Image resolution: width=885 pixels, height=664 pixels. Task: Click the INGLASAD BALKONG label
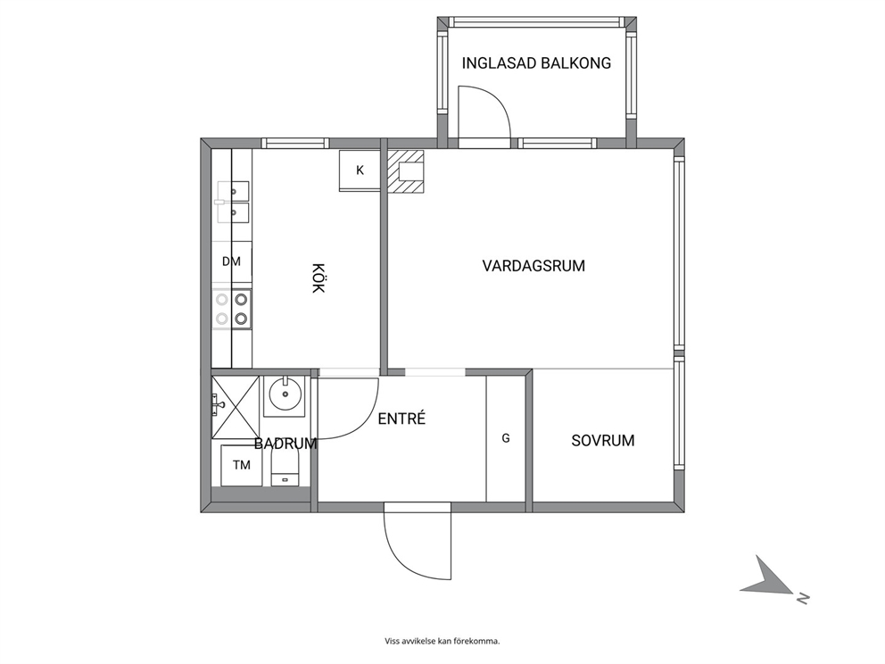click(536, 62)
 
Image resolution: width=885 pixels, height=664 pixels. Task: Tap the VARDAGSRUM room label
click(533, 265)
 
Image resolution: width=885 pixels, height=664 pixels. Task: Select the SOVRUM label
click(603, 440)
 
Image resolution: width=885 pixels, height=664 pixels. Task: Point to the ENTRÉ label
click(401, 419)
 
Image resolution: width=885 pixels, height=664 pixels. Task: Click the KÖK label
click(318, 278)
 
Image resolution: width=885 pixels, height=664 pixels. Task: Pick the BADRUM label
click(285, 444)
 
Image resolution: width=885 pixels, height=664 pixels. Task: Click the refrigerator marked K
click(360, 170)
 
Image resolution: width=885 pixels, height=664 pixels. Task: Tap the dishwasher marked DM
click(231, 261)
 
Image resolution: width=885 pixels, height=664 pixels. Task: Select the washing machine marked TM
click(241, 465)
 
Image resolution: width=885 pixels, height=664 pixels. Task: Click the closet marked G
click(506, 438)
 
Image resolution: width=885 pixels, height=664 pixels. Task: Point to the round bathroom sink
click(285, 394)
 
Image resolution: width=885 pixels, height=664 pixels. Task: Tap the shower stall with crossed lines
click(236, 407)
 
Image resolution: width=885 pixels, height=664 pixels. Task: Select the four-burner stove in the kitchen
click(232, 309)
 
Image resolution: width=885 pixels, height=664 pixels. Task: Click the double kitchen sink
click(233, 202)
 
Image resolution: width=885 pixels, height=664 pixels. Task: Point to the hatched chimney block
click(405, 171)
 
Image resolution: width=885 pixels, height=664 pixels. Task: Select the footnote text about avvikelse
click(442, 641)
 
